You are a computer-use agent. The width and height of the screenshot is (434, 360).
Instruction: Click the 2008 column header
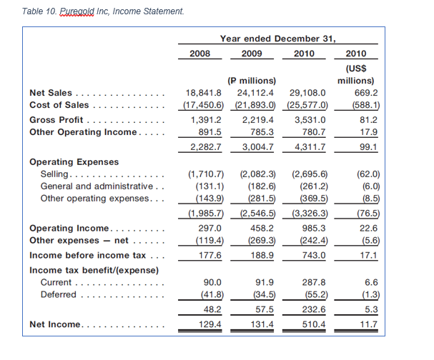pyautogui.click(x=200, y=54)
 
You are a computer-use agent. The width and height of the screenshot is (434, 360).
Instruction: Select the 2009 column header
pyautogui.click(x=252, y=54)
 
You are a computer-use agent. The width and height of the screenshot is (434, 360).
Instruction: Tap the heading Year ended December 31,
pyautogui.click(x=277, y=39)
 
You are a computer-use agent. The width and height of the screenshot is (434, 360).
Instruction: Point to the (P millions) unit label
pyautogui.click(x=252, y=80)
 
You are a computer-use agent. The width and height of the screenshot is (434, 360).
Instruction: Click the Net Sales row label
pyautogui.click(x=50, y=93)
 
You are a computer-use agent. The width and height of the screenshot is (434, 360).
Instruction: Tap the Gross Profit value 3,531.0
pyautogui.click(x=308, y=119)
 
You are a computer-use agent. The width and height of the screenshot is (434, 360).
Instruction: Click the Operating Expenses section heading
pyautogui.click(x=74, y=161)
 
